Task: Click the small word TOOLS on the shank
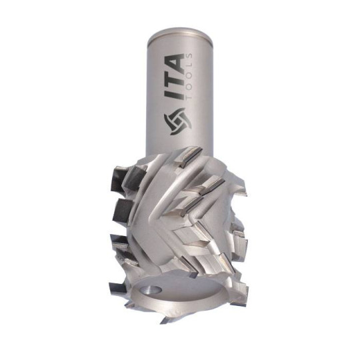coord(191,77)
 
